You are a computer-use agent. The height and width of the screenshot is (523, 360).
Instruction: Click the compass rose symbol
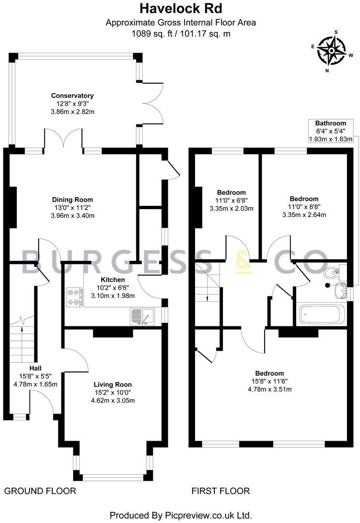point(333,50)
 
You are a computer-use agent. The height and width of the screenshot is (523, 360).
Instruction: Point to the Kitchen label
point(113,280)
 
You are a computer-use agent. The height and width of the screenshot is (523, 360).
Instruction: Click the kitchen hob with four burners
point(74,297)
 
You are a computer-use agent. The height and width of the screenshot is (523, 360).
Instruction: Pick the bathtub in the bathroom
point(321,315)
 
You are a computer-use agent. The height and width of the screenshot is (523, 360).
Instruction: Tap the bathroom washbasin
point(340,291)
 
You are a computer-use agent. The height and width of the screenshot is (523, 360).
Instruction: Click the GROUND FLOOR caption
point(40,491)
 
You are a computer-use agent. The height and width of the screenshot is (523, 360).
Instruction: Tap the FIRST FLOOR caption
point(221,491)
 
